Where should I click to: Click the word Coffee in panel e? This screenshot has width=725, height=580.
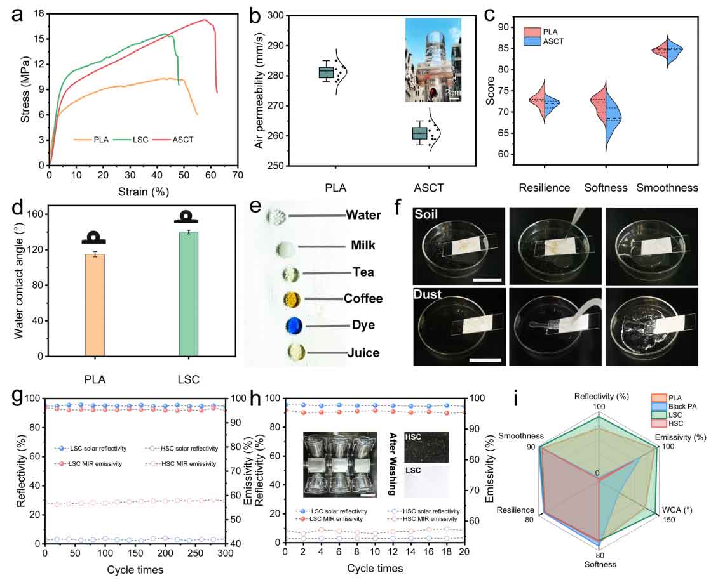(364, 298)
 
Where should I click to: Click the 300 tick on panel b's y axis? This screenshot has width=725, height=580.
(274, 16)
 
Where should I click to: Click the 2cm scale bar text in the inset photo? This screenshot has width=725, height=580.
(452, 93)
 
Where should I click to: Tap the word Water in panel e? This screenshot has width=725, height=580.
(363, 215)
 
